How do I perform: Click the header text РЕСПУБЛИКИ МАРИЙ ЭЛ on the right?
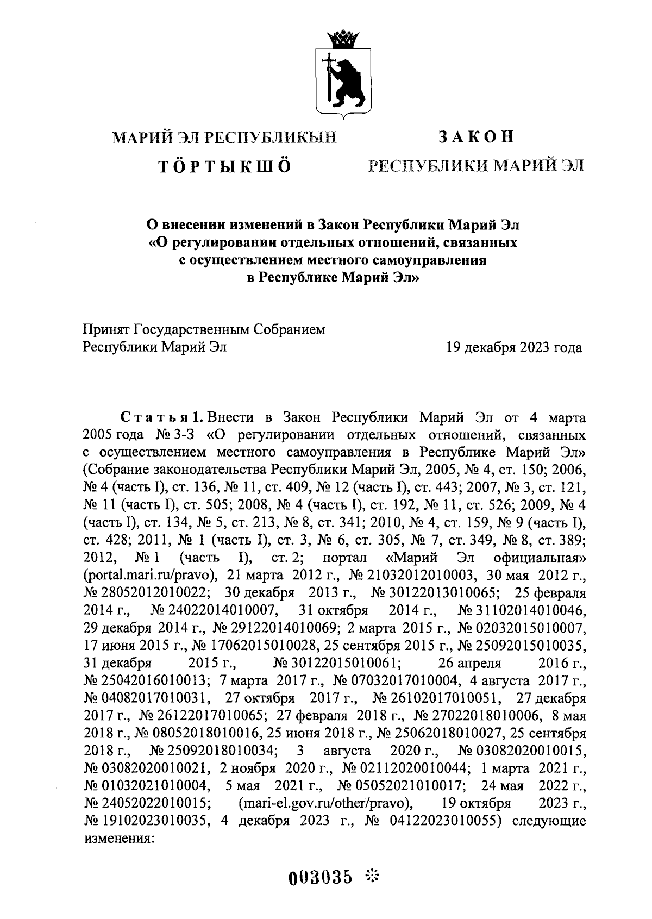point(476,165)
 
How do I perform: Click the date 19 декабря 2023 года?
point(513,347)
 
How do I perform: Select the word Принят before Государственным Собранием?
point(105,329)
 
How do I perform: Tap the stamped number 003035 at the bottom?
point(320,877)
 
